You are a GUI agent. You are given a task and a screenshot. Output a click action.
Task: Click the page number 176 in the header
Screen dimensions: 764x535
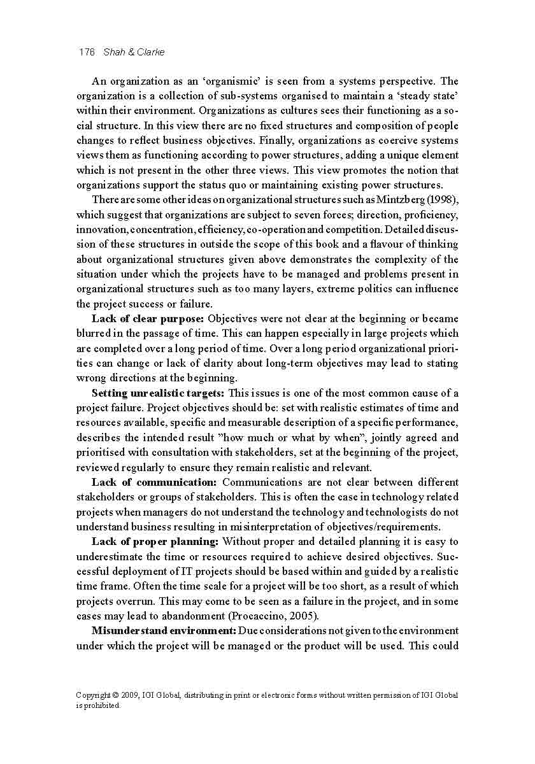point(86,52)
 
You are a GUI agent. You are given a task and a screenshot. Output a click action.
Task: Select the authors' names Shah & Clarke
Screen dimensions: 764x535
point(134,52)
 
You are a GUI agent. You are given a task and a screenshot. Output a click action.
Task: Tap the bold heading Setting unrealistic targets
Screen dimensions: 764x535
point(158,393)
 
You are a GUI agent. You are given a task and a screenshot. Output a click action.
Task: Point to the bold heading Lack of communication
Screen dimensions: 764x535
point(154,482)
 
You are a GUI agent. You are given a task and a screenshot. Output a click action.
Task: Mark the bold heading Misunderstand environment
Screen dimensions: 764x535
point(164,630)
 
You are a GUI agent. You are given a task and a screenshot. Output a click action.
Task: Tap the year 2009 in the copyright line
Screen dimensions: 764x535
point(134,695)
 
